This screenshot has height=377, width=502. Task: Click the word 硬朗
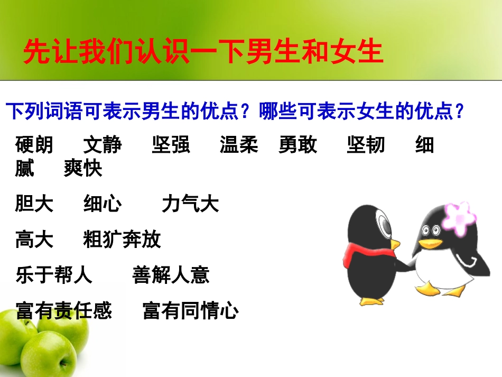pyautogui.click(x=34, y=145)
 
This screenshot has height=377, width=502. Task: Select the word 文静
pyautogui.click(x=103, y=145)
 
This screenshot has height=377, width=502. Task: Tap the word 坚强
pyautogui.click(x=171, y=145)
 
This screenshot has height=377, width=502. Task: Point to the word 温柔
pyautogui.click(x=239, y=145)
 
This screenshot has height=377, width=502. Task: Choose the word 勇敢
pyautogui.click(x=298, y=145)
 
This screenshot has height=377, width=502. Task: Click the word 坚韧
pyautogui.click(x=366, y=145)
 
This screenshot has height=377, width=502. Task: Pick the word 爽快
pyautogui.click(x=83, y=169)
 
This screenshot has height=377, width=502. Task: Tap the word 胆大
pyautogui.click(x=34, y=204)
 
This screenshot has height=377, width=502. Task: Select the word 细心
pyautogui.click(x=103, y=204)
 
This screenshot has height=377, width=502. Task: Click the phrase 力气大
pyautogui.click(x=190, y=204)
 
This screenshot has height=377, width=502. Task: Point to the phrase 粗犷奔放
pyautogui.click(x=122, y=240)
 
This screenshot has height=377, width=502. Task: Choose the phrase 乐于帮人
pyautogui.click(x=54, y=275)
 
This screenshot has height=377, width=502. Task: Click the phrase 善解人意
pyautogui.click(x=171, y=275)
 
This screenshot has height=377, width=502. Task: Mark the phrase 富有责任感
pyautogui.click(x=64, y=310)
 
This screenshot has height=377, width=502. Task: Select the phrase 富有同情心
pyautogui.click(x=191, y=310)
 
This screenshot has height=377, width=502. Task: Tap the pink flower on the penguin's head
pyautogui.click(x=459, y=218)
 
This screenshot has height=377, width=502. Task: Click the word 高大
pyautogui.click(x=34, y=240)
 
